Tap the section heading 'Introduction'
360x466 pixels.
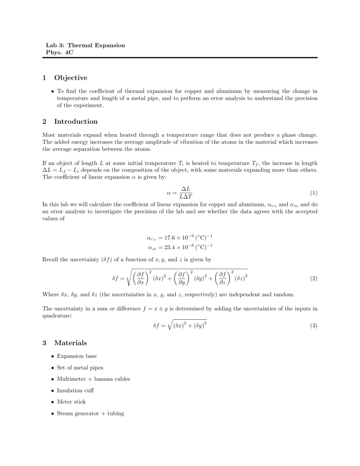[x=76, y=121]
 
